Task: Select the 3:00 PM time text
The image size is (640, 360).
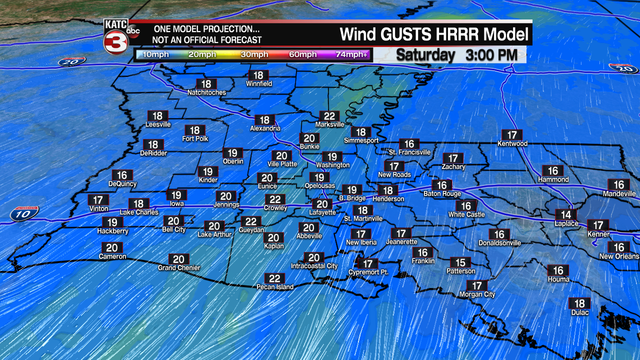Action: tap(491, 55)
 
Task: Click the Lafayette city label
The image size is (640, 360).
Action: tap(322, 212)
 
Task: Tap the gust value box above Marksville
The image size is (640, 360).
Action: tap(329, 116)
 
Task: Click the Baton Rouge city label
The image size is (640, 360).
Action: tap(442, 194)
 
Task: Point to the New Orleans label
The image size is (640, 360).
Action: tap(619, 256)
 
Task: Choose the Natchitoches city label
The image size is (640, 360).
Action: tap(206, 92)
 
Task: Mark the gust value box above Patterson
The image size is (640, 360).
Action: tap(460, 263)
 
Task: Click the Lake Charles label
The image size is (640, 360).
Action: tap(139, 212)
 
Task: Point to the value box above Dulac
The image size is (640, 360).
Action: tap(579, 303)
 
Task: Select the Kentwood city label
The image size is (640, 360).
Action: tap(512, 143)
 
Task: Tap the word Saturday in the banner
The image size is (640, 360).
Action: tap(425, 55)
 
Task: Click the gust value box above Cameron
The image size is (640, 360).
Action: tap(112, 248)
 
